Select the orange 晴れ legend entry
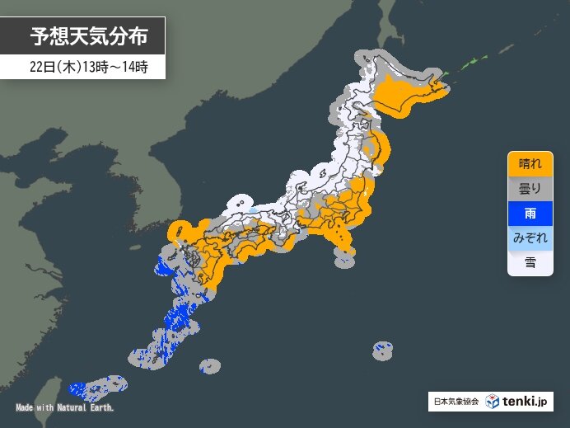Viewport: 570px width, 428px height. click(x=530, y=164)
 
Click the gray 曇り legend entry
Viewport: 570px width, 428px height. click(x=530, y=188)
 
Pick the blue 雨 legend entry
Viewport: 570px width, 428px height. click(x=530, y=213)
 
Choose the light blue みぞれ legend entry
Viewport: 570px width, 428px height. click(x=530, y=238)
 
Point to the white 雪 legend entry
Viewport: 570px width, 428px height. click(x=530, y=262)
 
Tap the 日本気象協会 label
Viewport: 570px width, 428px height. click(x=456, y=402)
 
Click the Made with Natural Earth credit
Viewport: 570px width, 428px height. click(x=64, y=407)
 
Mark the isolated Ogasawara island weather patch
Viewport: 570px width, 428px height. click(x=382, y=350)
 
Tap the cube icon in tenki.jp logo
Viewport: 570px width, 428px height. click(x=492, y=402)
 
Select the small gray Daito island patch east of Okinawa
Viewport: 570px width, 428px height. click(x=210, y=365)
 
